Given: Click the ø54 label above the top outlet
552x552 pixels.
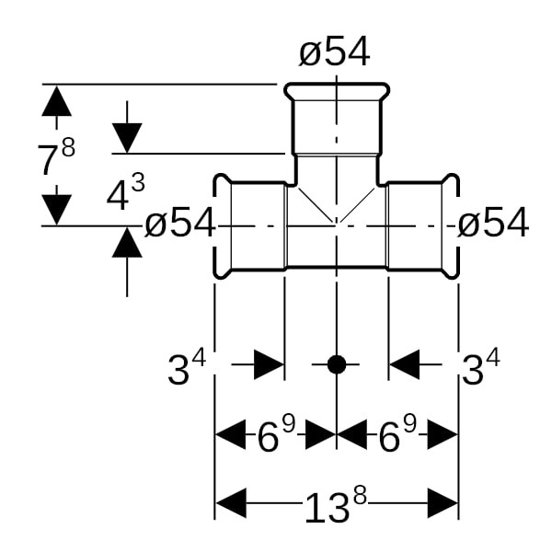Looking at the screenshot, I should click(335, 53).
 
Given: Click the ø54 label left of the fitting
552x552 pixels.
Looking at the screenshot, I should click(180, 223).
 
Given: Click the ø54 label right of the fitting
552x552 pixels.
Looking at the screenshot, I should click(493, 223).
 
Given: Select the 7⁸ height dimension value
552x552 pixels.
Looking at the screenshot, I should click(56, 158).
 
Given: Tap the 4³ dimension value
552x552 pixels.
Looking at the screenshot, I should click(126, 194).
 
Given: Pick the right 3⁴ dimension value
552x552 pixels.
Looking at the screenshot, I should click(480, 369).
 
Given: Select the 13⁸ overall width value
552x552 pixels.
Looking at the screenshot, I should click(336, 505).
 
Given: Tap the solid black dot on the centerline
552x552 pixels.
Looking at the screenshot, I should click(337, 364).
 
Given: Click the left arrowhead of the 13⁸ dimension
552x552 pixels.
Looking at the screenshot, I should click(231, 504).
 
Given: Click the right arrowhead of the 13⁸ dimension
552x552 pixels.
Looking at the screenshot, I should click(443, 504).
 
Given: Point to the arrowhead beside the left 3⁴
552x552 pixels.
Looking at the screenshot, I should click(268, 364).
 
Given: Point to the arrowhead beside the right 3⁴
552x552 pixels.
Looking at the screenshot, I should click(405, 364).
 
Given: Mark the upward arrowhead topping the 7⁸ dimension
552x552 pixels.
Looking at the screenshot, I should click(56, 100).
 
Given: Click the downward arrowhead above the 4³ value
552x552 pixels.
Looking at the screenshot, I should click(127, 138).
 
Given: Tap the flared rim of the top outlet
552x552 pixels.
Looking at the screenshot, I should click(336, 92).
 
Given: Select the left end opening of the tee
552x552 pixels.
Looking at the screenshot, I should click(221, 225).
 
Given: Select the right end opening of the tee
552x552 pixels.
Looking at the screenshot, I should click(452, 225).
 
